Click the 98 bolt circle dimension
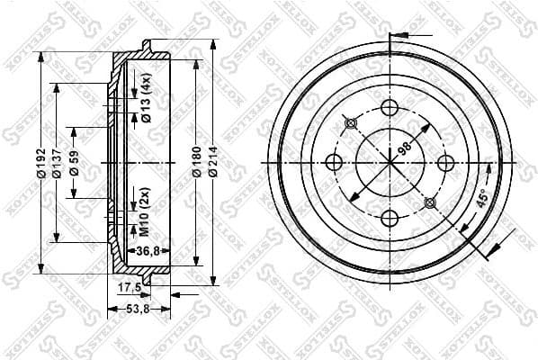coord(404,148)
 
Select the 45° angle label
coord(481,201)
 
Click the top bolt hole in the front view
coord(390,108)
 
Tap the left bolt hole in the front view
coord(334,163)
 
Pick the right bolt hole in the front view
coord(444,163)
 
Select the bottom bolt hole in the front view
coord(390,218)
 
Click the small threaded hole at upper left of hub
coord(351,123)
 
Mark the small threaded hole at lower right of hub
coord(429,202)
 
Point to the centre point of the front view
coord(390,163)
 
